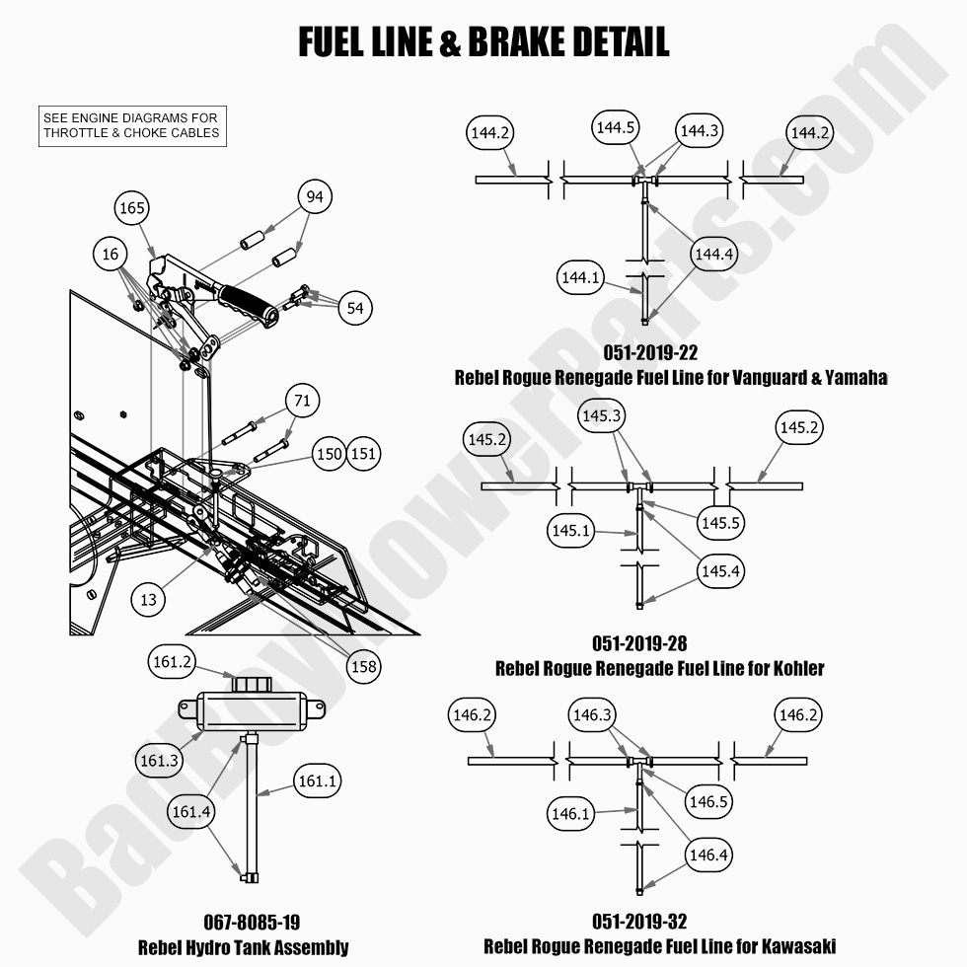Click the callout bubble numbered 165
(x=131, y=208)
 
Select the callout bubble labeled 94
(x=314, y=197)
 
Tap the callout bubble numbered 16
(x=111, y=255)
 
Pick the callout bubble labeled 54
(x=355, y=308)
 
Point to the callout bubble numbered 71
(x=303, y=401)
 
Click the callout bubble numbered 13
(x=148, y=599)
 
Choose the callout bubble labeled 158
(x=363, y=667)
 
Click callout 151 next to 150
(x=363, y=453)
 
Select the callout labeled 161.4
(x=192, y=811)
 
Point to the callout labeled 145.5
(x=721, y=523)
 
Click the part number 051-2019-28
(x=639, y=643)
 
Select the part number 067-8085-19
(x=243, y=924)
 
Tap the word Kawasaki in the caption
(x=795, y=946)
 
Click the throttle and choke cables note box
(x=131, y=126)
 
